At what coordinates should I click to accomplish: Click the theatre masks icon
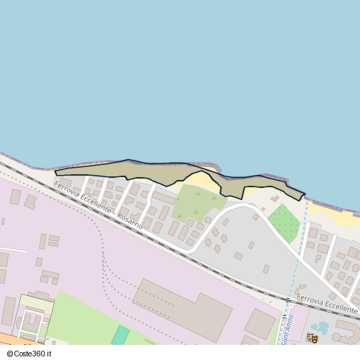coord(312,338)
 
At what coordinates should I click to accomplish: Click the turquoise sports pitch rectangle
coord(120,336)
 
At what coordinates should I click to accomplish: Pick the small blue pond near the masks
coord(321,328)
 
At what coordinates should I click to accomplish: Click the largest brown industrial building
coord(181,308)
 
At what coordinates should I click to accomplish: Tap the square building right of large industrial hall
coord(259,323)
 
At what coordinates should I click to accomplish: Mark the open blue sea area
coord(180,72)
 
